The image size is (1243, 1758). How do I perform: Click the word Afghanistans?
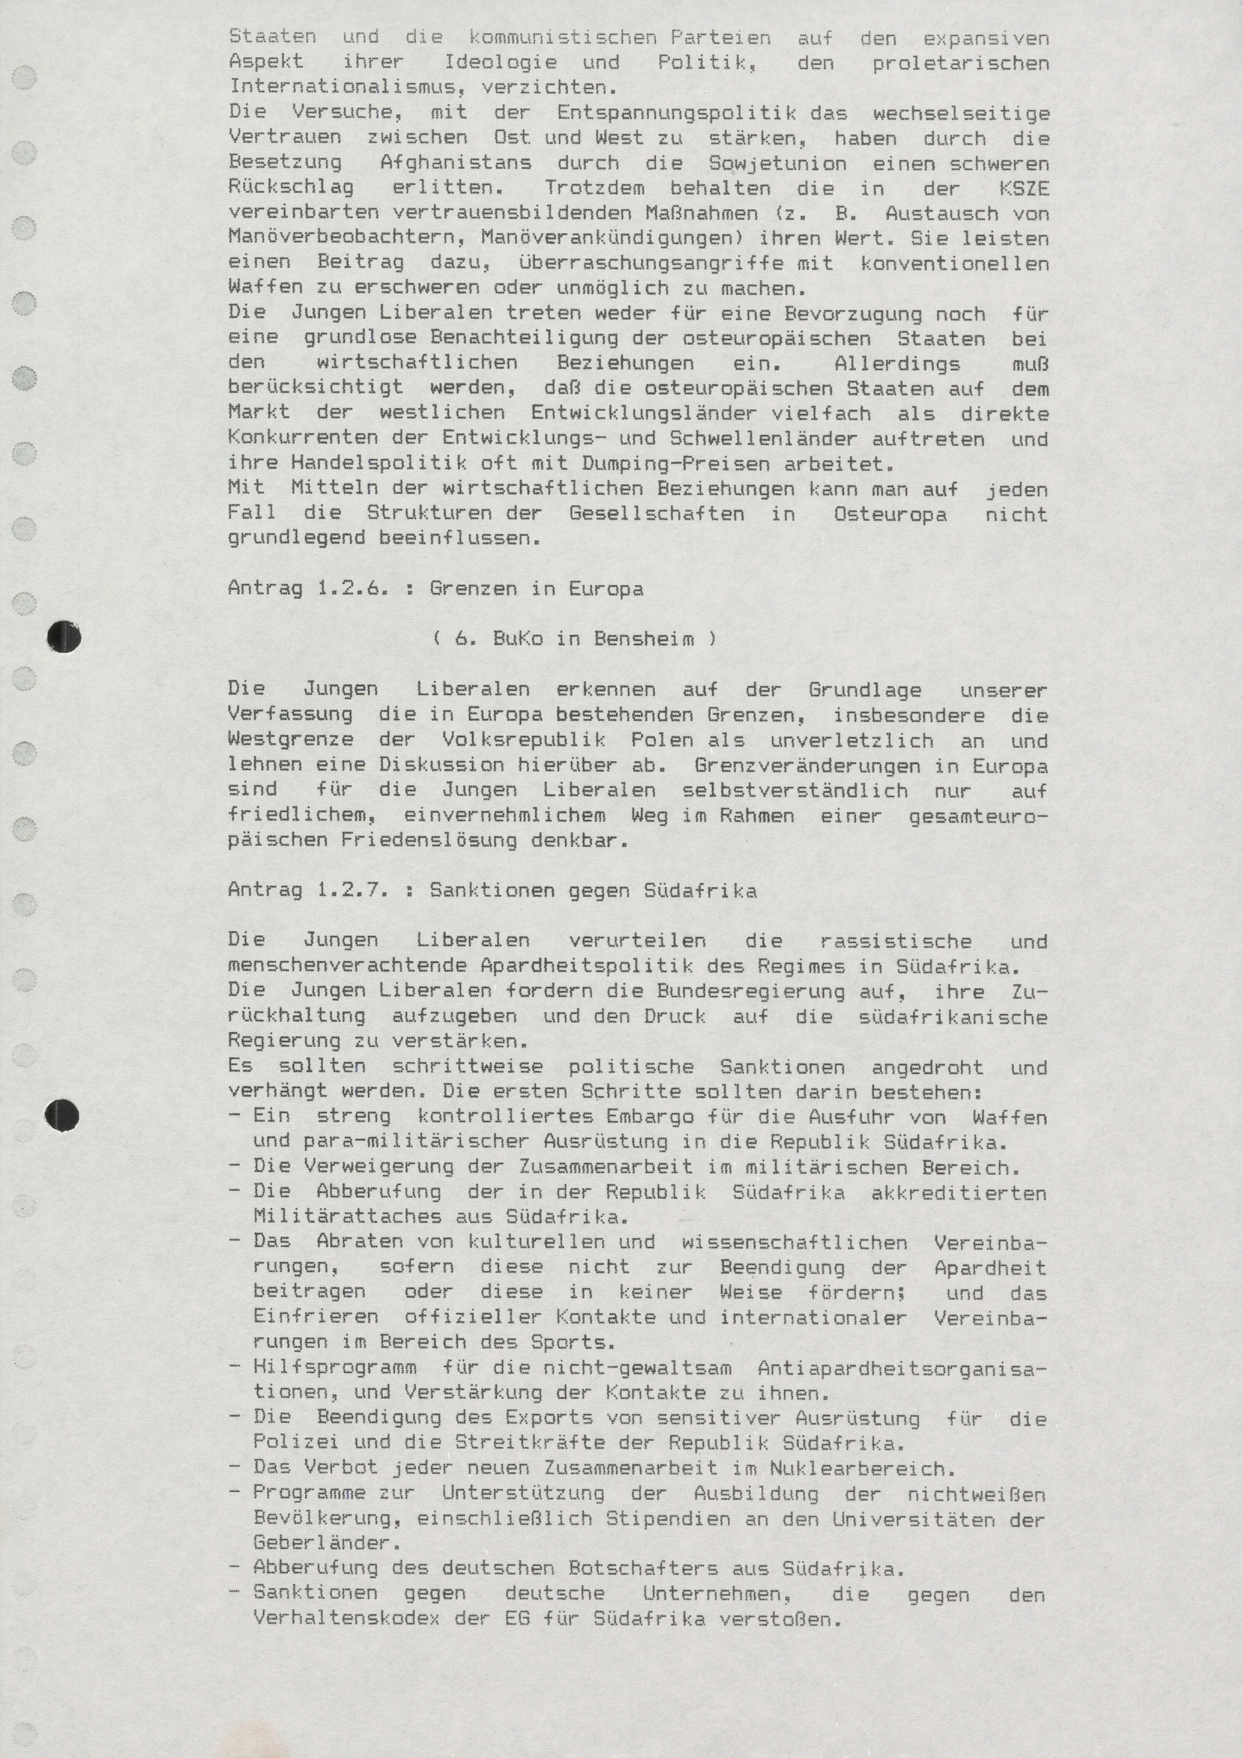tap(455, 163)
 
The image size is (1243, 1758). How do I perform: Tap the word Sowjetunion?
tap(778, 163)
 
